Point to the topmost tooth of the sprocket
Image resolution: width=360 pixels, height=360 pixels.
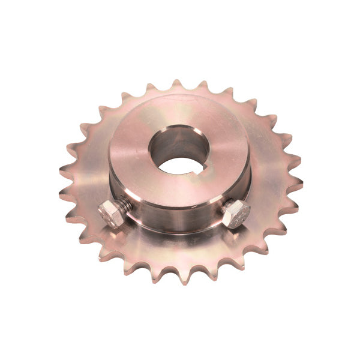[x=176, y=85]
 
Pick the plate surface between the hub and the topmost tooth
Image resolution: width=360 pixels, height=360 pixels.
[x=178, y=98]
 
